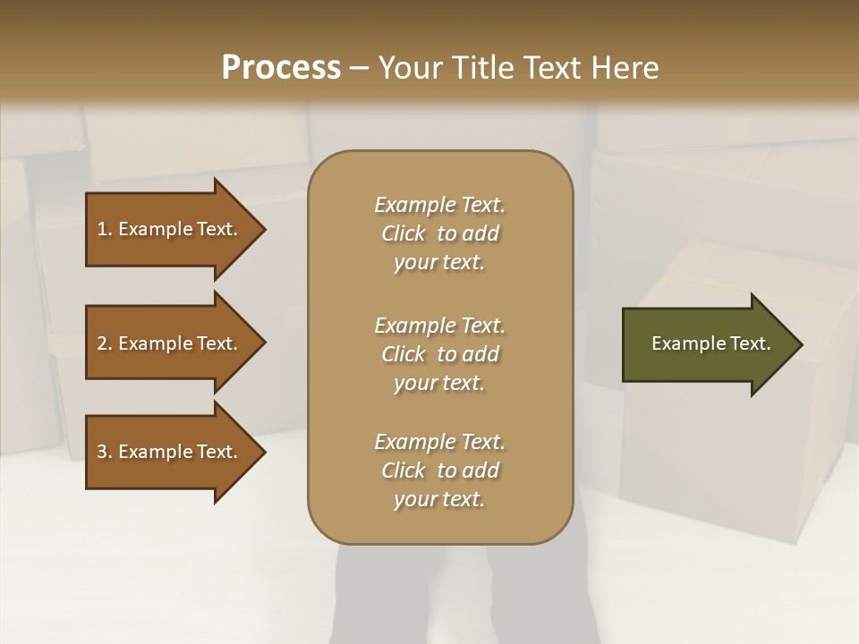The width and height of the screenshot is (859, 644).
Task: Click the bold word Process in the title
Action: pos(281,68)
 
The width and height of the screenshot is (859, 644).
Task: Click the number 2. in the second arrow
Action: pos(105,343)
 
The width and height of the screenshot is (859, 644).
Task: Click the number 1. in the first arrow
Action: pos(105,229)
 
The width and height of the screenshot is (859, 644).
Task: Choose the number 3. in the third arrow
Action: pos(105,452)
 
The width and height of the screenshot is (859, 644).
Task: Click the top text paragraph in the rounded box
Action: pos(439,233)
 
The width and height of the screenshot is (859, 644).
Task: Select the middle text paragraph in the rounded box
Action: pos(439,354)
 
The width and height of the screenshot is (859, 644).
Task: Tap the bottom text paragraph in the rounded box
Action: pos(439,470)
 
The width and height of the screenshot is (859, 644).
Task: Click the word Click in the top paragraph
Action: pos(404,233)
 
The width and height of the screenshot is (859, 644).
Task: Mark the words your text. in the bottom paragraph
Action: pos(439,499)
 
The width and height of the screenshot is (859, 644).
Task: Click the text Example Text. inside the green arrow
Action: pos(710,343)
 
